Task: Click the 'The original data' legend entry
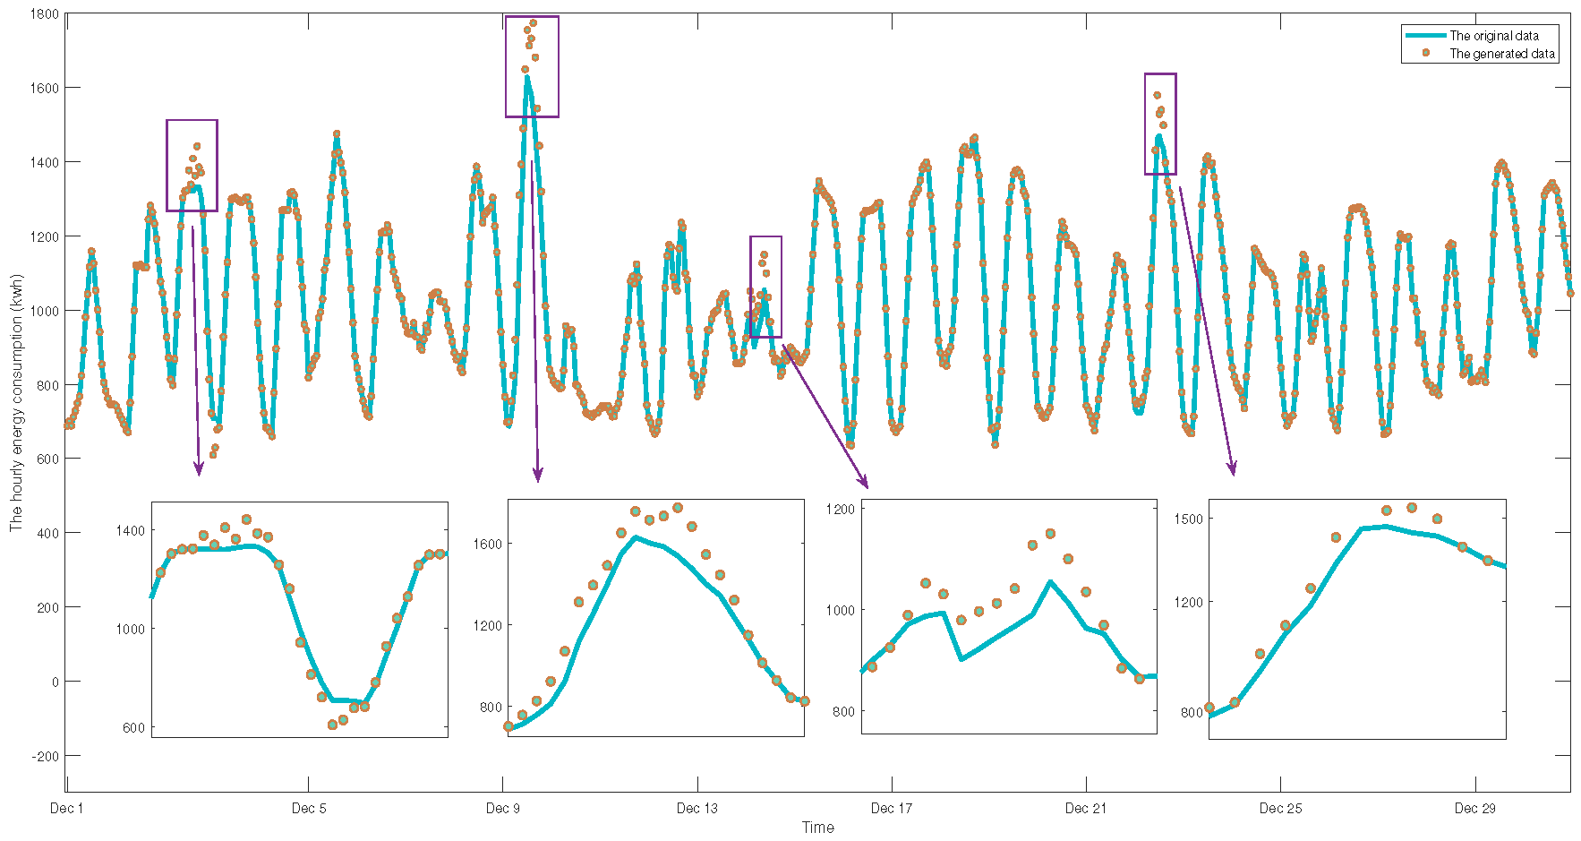(1493, 36)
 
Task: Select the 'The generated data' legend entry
(1501, 54)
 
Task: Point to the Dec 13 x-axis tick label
(696, 809)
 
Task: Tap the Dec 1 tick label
(66, 809)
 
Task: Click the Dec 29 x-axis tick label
(1474, 809)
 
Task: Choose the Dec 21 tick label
(1085, 809)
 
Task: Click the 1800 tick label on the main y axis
(44, 14)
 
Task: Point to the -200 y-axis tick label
(43, 757)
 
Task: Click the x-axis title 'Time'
(817, 828)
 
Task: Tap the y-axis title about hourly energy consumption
(16, 412)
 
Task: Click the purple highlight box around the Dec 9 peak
(532, 66)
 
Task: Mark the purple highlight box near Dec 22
(1160, 124)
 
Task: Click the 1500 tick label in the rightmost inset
(1191, 519)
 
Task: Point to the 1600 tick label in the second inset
(488, 544)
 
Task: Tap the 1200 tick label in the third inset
(841, 509)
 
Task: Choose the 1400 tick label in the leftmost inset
(130, 531)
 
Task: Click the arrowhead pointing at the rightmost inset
(1233, 469)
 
